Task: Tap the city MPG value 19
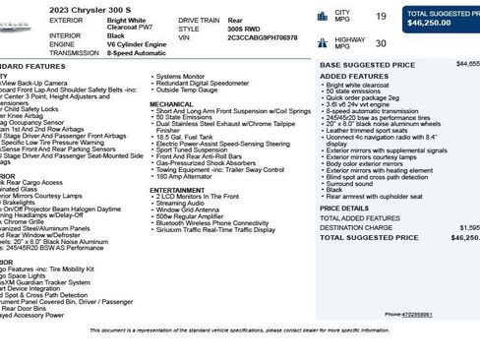coord(381,16)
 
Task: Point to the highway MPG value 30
coord(381,42)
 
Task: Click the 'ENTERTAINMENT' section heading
coord(177,190)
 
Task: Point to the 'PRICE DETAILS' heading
coord(344,209)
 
